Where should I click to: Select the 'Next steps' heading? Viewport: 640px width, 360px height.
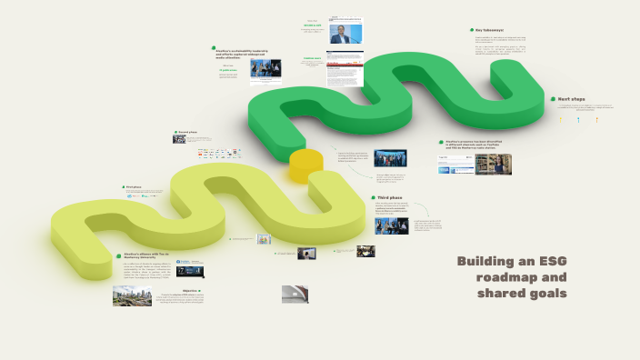(x=572, y=98)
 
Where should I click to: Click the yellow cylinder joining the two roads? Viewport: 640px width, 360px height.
(x=305, y=165)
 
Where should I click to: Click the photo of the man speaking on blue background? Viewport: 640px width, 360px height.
(x=345, y=35)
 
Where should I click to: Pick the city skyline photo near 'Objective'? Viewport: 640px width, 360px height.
(x=132, y=295)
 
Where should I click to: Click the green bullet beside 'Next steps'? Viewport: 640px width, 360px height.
(x=552, y=98)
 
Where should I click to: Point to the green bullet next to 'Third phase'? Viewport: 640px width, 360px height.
(x=372, y=197)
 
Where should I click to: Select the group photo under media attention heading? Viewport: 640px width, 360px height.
(x=390, y=158)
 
